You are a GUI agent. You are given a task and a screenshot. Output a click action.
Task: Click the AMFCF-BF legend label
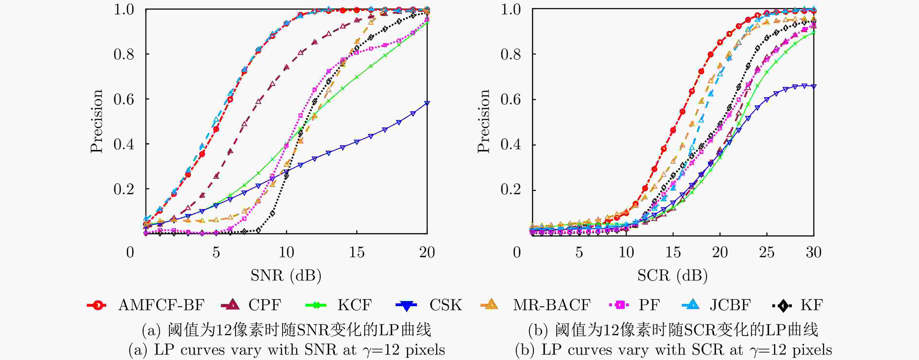[x=161, y=305]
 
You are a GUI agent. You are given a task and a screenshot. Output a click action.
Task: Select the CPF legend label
[x=265, y=305]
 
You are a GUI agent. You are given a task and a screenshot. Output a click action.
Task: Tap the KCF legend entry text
[x=355, y=305]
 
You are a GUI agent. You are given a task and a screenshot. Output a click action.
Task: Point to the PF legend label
[x=649, y=305]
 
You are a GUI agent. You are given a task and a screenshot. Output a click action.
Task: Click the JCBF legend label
[x=730, y=305]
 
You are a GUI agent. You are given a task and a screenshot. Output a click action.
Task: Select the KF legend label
[x=812, y=305]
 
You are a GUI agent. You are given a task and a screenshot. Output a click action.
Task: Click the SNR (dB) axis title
[x=286, y=275]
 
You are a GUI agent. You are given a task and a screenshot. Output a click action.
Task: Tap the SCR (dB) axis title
[x=672, y=275]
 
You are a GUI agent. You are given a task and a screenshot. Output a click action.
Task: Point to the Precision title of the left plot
[x=96, y=121]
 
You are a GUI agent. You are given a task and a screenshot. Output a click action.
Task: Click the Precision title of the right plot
[x=483, y=121]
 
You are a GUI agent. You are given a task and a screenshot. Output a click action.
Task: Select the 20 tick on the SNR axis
[x=427, y=253]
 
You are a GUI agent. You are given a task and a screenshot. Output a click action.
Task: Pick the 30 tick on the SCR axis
[x=814, y=253]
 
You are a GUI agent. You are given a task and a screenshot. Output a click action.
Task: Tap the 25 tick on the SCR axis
[x=767, y=253]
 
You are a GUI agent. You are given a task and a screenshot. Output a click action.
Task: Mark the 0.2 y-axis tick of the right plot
[x=511, y=189]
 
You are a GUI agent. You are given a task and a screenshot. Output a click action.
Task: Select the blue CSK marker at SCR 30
[x=814, y=86]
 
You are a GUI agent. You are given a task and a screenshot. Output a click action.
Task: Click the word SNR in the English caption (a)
[x=320, y=350]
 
